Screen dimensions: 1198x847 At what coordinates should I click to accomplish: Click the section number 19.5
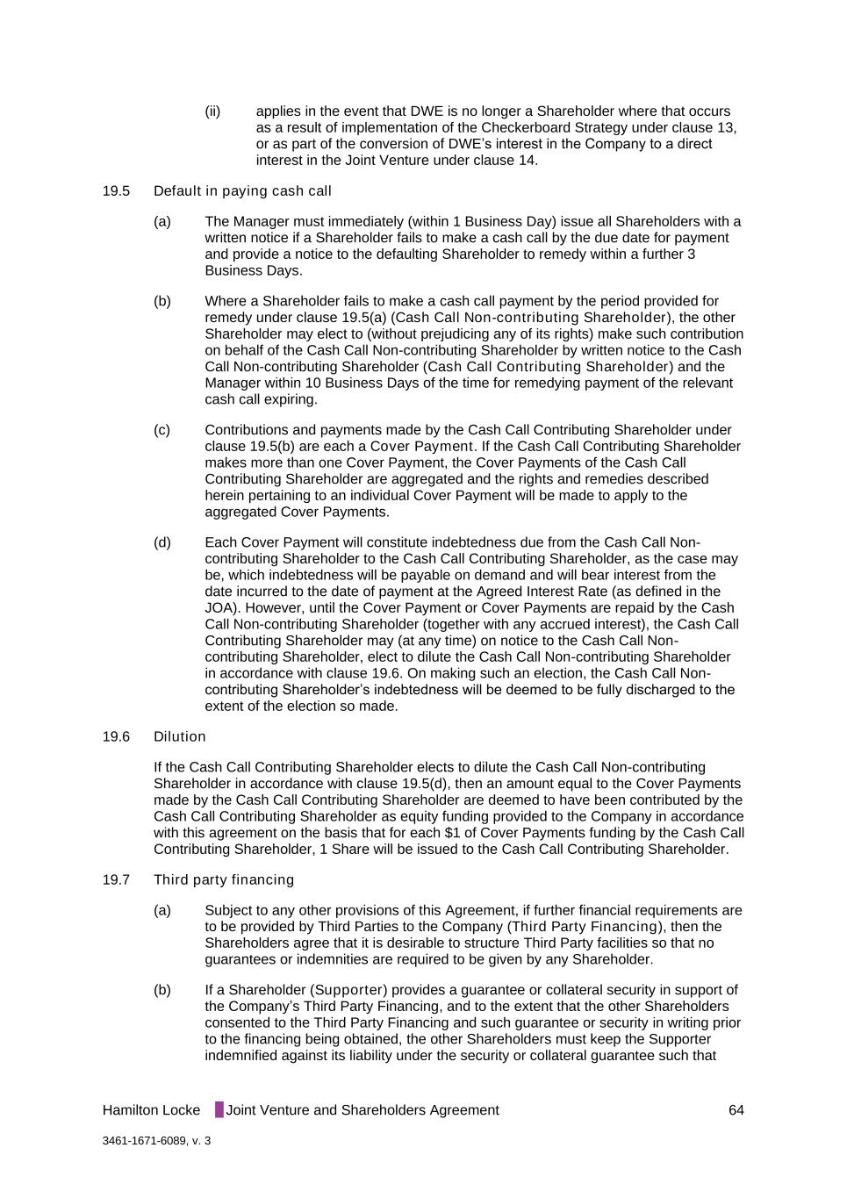[x=116, y=191]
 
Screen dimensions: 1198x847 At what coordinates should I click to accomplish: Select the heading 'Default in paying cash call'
[x=242, y=191]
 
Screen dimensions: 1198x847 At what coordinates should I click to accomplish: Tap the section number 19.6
[x=116, y=737]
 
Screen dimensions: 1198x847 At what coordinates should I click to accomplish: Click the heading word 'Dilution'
[x=180, y=737]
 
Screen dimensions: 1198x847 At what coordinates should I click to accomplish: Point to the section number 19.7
[x=116, y=880]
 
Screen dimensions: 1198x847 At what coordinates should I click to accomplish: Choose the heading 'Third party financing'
[x=224, y=880]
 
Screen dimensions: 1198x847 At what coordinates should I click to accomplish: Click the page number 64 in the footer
[x=736, y=1110]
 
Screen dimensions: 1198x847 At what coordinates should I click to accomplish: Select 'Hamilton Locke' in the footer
[x=151, y=1110]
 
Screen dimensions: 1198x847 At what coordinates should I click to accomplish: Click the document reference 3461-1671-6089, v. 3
[x=156, y=1141]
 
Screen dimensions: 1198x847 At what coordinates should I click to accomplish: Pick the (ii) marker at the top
[x=212, y=111]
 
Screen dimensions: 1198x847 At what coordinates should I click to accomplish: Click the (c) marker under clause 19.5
[x=162, y=430]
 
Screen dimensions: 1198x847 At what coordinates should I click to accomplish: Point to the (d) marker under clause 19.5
[x=162, y=542]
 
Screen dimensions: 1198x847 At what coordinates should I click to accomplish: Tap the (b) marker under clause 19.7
[x=162, y=990]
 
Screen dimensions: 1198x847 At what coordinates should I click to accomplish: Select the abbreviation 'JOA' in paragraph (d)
[x=220, y=608]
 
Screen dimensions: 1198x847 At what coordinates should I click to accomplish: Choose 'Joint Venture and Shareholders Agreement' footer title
[x=362, y=1110]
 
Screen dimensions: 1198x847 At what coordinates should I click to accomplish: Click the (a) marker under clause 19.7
[x=162, y=910]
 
